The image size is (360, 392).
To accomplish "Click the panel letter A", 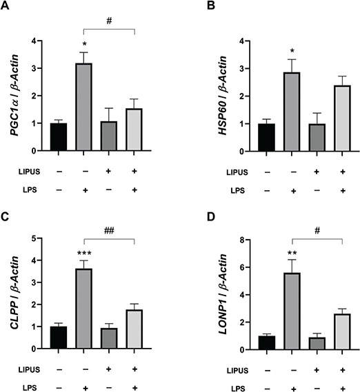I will pos(6,7).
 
